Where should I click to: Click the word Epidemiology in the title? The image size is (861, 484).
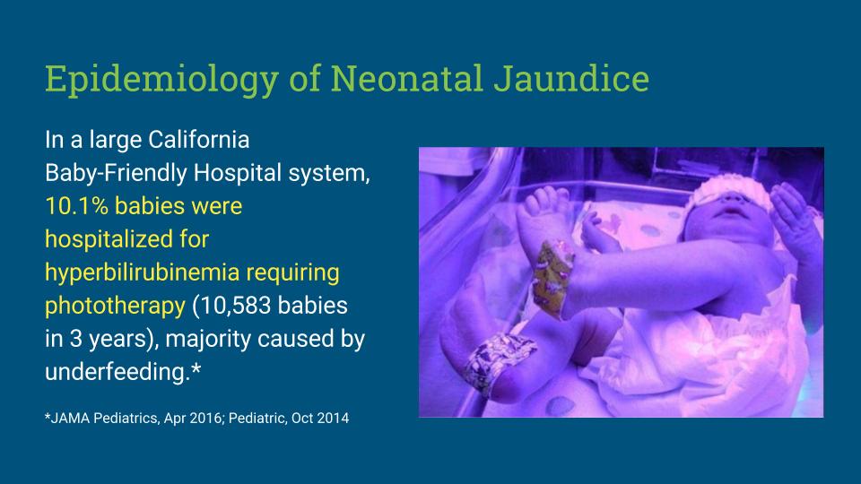point(162,80)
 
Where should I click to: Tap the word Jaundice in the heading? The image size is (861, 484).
point(571,79)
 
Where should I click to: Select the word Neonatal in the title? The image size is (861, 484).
point(406,79)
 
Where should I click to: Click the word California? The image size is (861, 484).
point(199,140)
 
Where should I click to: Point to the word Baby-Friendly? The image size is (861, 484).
point(116,173)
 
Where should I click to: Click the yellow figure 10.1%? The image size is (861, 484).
point(76,206)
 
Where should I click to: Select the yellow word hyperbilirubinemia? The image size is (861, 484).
point(143,273)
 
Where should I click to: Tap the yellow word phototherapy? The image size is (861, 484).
point(115,307)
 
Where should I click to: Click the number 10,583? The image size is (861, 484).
point(234,307)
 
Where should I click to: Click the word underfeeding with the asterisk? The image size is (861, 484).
point(123,372)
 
